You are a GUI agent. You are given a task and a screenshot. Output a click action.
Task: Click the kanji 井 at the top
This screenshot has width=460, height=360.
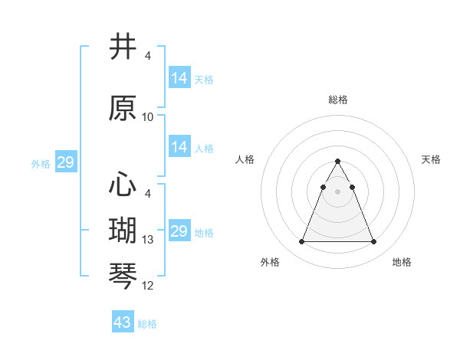[x=123, y=47]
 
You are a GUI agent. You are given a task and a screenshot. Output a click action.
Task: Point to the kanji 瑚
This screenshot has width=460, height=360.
[x=123, y=231]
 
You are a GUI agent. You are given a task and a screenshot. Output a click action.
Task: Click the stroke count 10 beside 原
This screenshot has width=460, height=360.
[x=148, y=117]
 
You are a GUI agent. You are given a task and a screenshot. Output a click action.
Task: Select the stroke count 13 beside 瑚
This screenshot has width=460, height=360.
[x=148, y=240]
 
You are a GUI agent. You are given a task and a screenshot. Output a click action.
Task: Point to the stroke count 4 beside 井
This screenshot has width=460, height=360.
[x=148, y=55]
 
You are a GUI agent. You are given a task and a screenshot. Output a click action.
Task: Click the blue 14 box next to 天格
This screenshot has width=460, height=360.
[x=179, y=78]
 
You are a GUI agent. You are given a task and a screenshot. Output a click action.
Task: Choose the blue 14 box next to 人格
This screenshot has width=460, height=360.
[x=179, y=147]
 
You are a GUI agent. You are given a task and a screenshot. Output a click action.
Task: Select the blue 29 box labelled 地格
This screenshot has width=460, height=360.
[x=179, y=231]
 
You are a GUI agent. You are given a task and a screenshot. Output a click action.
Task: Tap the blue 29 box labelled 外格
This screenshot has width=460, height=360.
[x=65, y=162]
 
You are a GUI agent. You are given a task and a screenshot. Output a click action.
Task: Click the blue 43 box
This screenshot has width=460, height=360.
[x=122, y=322]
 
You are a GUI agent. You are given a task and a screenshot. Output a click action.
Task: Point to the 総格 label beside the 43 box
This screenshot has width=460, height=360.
[x=147, y=324]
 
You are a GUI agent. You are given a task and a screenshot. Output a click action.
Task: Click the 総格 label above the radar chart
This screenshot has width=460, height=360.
[x=337, y=100]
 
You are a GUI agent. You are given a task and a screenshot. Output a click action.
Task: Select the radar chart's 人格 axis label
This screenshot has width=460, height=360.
[x=245, y=159]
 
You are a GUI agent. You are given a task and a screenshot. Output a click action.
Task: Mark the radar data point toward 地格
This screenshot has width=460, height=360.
[x=373, y=242]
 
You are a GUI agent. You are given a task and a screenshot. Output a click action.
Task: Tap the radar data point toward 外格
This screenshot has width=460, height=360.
[x=301, y=242]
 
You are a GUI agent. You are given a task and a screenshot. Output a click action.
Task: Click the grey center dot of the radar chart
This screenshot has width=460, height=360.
[x=337, y=192]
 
